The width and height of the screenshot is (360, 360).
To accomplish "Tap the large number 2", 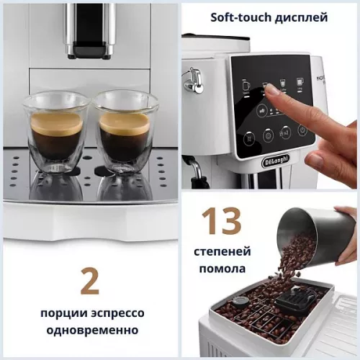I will pyautogui.click(x=89, y=282).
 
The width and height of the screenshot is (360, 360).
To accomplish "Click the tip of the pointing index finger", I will pyautogui.click(x=273, y=90).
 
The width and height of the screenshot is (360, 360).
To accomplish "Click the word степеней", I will pyautogui.click(x=222, y=252).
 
